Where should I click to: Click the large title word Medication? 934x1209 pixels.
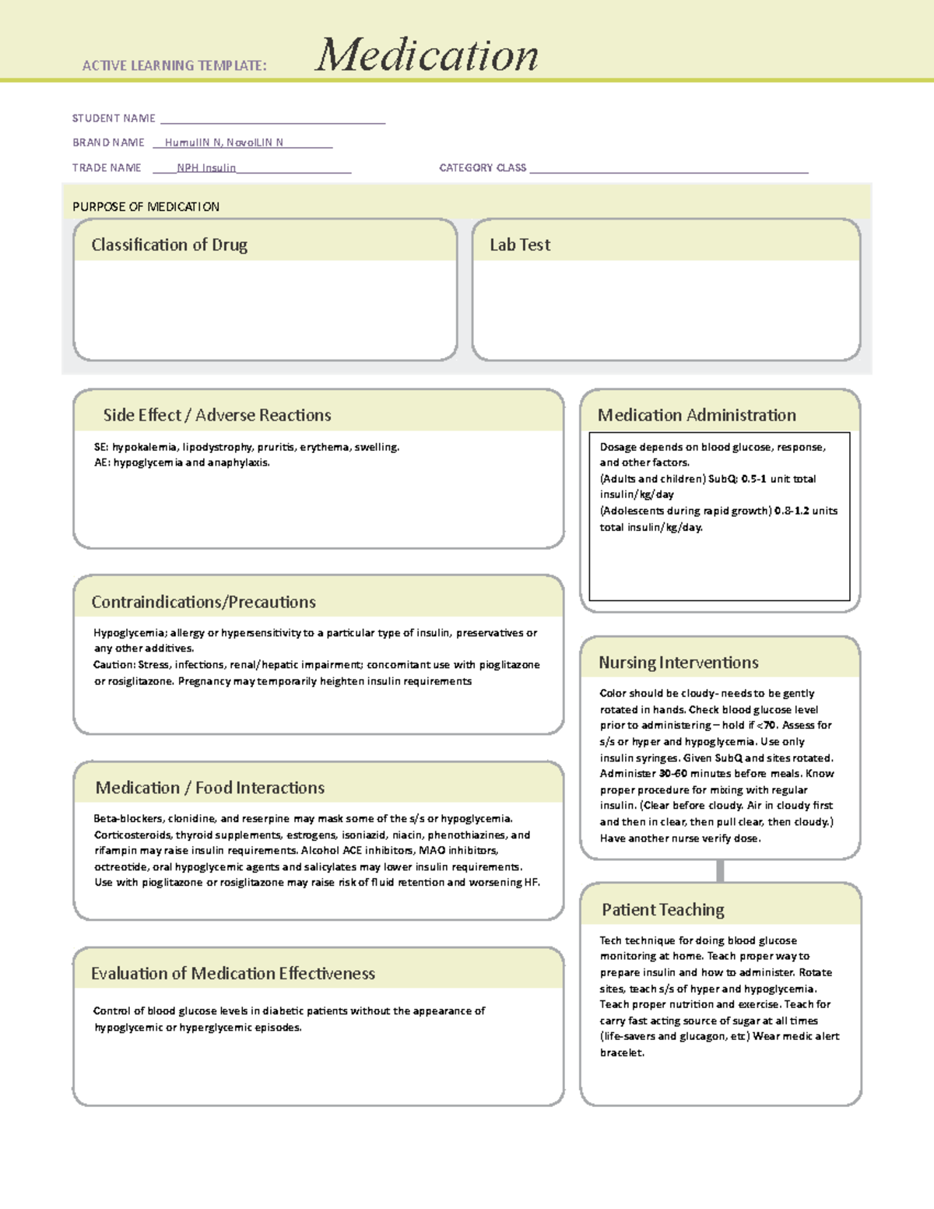click(x=427, y=55)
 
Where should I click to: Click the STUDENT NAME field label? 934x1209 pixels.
click(x=114, y=118)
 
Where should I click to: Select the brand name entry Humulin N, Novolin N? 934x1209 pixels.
click(x=224, y=142)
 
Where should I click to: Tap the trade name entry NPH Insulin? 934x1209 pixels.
click(x=206, y=167)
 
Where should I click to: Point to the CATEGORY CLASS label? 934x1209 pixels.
click(x=483, y=167)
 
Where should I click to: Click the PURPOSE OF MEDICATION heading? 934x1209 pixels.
click(x=146, y=206)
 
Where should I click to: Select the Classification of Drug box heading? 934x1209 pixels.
click(x=169, y=244)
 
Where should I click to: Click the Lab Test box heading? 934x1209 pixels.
click(x=520, y=244)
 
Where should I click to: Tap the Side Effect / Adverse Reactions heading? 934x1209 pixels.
click(x=217, y=415)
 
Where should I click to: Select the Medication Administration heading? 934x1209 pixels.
click(x=697, y=415)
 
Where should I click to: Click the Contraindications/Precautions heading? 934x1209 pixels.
click(x=203, y=602)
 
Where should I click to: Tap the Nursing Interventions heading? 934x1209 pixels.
click(x=678, y=662)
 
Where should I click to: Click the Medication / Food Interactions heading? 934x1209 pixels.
click(x=210, y=788)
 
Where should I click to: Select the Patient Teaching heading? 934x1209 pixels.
click(x=662, y=909)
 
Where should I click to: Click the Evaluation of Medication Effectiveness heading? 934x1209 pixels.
click(x=233, y=973)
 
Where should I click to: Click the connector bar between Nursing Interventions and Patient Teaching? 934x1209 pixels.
click(x=720, y=870)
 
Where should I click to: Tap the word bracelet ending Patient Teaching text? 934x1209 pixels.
click(x=621, y=1053)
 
